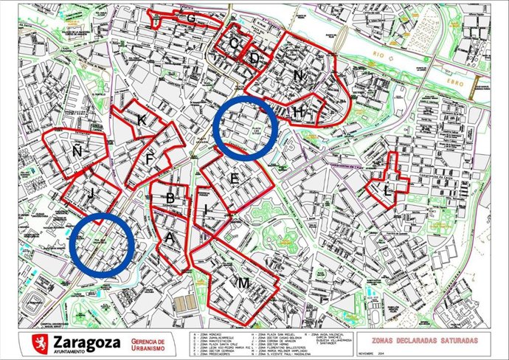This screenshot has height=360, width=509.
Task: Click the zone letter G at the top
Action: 191,17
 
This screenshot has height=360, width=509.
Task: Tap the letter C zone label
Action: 234,44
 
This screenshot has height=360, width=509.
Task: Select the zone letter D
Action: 254,58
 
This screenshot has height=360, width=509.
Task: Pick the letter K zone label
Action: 140,120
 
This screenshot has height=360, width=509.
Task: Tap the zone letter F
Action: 150,158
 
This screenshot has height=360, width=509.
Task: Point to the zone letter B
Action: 170,198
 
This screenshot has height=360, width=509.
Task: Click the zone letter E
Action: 235,179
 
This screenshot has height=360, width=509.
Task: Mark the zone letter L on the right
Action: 388,190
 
